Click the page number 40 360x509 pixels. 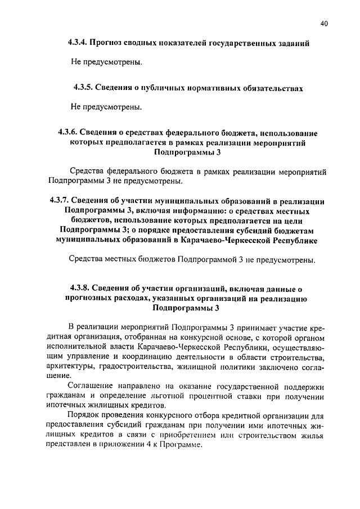tap(323, 23)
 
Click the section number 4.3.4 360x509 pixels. tap(79, 43)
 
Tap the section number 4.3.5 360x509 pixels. tap(83, 88)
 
